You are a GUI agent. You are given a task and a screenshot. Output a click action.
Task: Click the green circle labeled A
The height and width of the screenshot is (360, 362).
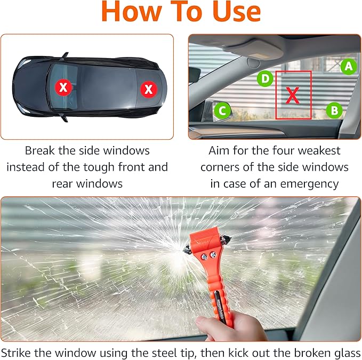[348, 66]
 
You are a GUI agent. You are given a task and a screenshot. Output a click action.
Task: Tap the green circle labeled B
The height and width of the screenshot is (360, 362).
[334, 110]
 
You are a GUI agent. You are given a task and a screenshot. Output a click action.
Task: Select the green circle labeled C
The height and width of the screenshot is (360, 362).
[222, 111]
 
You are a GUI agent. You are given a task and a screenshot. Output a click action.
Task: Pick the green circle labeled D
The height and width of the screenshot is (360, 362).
[265, 79]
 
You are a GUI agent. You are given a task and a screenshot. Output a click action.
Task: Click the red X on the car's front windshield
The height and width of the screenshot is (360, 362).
[63, 87]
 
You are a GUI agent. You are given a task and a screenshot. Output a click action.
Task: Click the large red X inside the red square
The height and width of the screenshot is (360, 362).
[293, 95]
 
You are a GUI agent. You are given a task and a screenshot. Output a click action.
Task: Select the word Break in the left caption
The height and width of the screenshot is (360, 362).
[41, 151]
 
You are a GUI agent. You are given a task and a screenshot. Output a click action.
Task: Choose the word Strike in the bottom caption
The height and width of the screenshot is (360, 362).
[20, 351]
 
